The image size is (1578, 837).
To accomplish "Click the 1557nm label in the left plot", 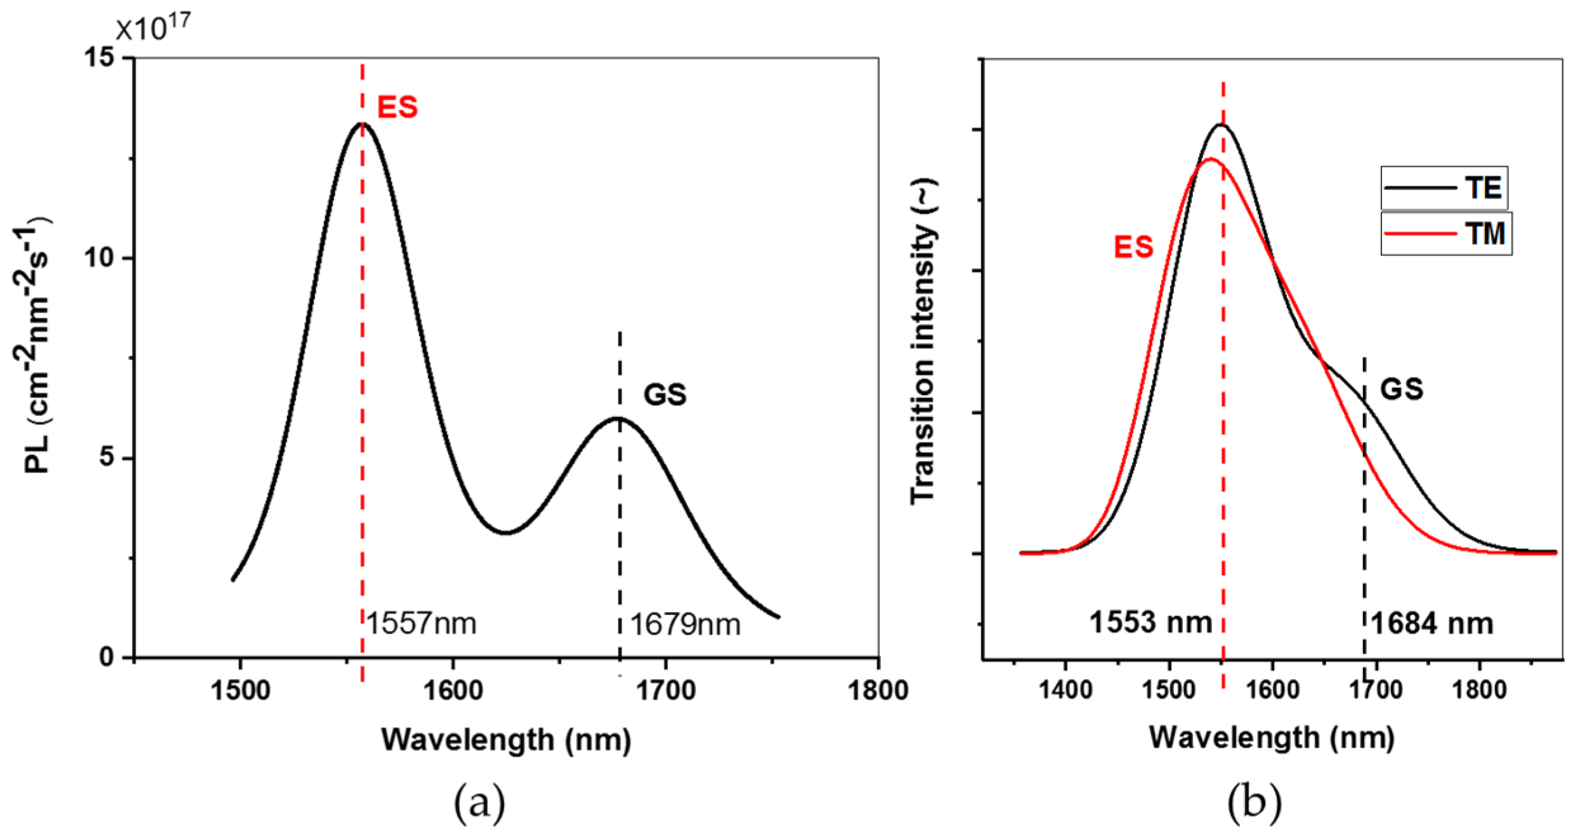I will point(421,623).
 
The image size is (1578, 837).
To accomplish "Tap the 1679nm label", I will point(685,625).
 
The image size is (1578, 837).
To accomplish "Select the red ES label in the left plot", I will point(398,107).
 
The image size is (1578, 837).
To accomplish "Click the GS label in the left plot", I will point(665,394).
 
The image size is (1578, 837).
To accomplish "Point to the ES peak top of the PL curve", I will point(362,124).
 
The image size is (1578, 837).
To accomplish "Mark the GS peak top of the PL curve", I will point(618,418).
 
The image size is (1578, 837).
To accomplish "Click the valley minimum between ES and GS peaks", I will point(505,533).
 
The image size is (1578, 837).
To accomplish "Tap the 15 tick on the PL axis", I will point(101,58).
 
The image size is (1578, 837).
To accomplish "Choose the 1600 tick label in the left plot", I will point(453,690).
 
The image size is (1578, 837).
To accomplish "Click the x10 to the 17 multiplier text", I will point(152,27).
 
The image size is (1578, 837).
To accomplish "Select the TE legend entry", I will point(1446,188).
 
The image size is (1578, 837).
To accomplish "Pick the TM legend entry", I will point(1446,234).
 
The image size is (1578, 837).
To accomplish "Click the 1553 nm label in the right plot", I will point(1151,622).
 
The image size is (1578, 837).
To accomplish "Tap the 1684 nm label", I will point(1432,624).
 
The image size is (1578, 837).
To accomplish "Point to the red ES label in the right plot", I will point(1133,247).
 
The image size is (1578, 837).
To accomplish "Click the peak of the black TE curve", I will point(1220,124).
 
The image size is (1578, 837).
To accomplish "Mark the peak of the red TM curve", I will point(1210,159).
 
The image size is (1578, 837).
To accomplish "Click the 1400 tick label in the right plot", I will point(1065,689).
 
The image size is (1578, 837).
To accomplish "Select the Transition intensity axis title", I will point(923,342).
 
